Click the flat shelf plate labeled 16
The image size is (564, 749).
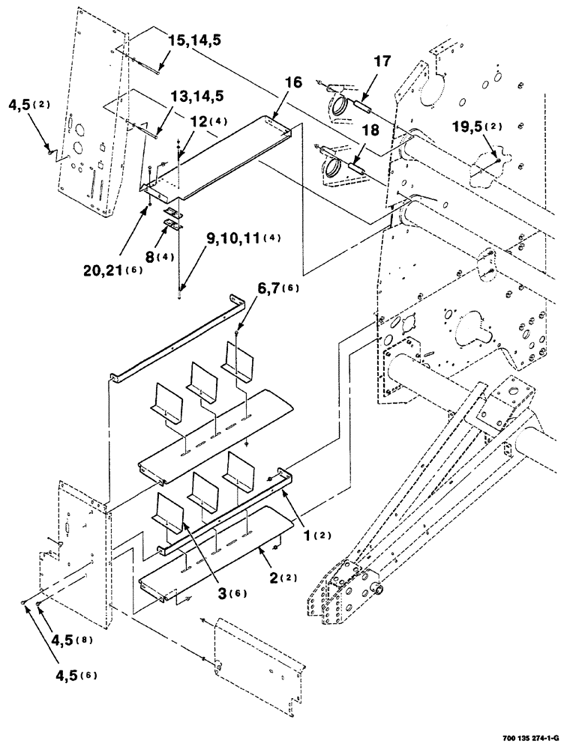[x=225, y=157]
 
